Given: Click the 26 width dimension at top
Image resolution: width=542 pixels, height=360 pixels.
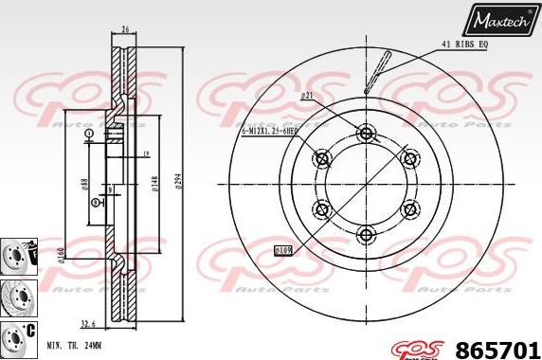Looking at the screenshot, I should (x=125, y=29).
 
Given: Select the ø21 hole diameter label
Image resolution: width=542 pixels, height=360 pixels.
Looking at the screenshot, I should (x=306, y=96).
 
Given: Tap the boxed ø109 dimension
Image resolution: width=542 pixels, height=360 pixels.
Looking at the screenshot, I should (x=281, y=250).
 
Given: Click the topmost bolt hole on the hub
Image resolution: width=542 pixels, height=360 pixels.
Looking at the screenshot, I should (x=366, y=132).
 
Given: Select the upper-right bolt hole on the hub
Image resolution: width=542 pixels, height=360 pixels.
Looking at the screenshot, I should (x=409, y=157).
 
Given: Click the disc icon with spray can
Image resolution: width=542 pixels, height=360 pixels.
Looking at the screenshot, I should (x=18, y=255).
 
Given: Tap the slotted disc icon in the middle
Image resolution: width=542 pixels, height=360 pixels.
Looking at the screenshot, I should (x=16, y=294).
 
